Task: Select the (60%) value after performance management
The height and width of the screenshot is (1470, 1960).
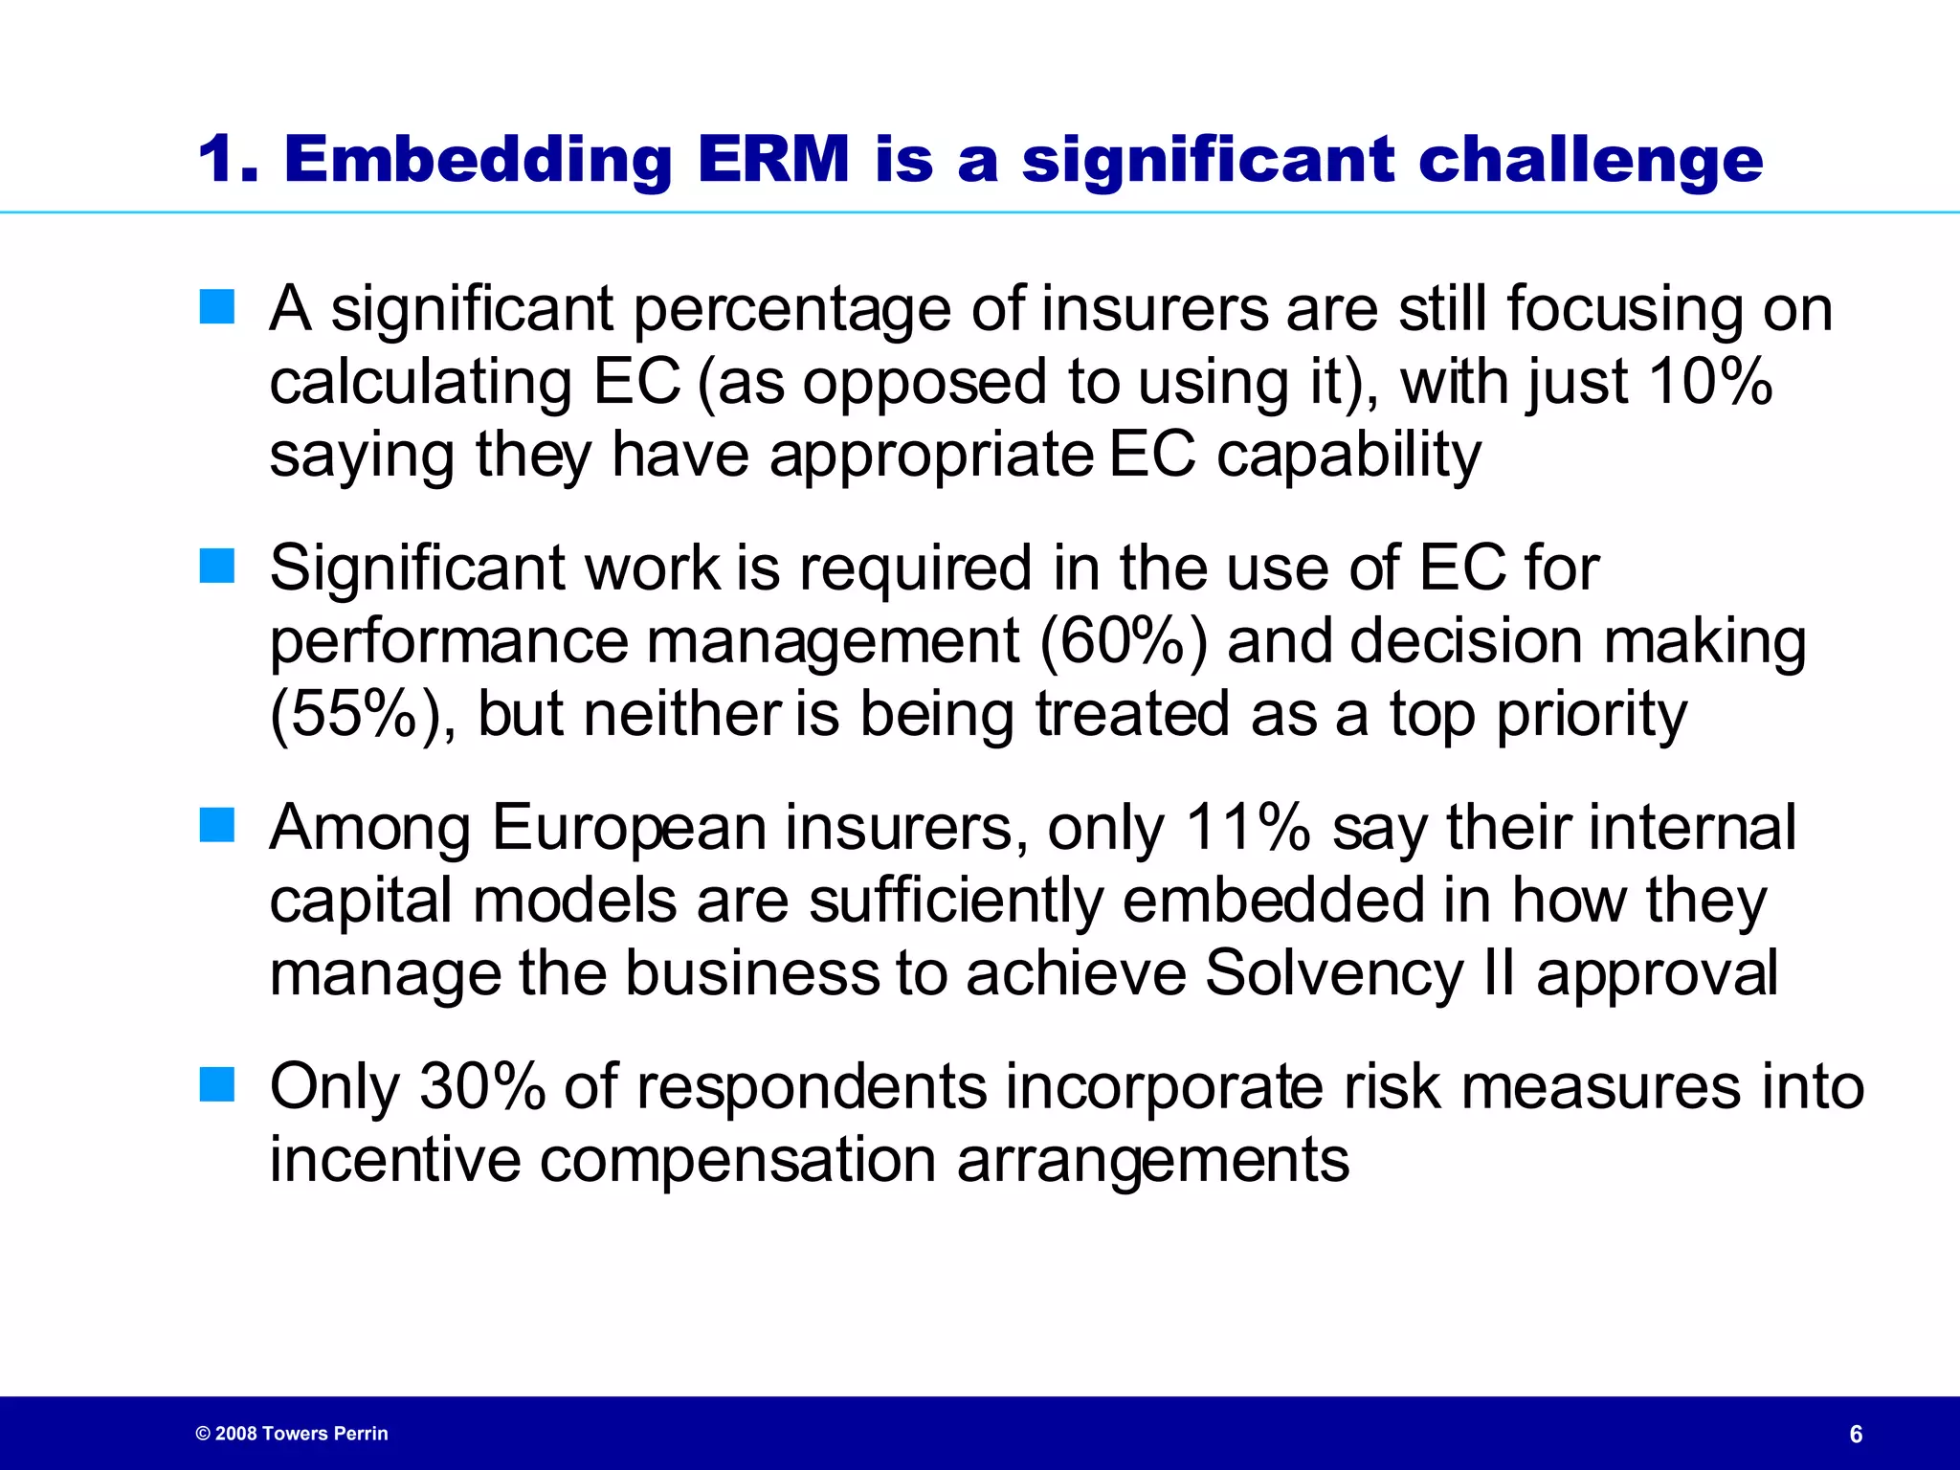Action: (x=1123, y=640)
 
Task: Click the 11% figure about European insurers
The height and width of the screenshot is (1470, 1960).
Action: (x=1247, y=827)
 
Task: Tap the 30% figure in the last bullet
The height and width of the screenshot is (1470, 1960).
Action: (x=482, y=1086)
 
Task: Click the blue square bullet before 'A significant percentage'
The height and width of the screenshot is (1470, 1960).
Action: (x=217, y=308)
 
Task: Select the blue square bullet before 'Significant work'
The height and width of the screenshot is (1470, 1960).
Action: (x=217, y=567)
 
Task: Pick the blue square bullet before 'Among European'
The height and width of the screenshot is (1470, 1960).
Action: (x=217, y=826)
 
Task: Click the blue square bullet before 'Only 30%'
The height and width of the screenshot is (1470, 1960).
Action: (x=217, y=1085)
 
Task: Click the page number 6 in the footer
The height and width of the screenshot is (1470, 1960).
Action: (x=1856, y=1434)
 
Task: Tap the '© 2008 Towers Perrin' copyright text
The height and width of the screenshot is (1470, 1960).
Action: (x=292, y=1434)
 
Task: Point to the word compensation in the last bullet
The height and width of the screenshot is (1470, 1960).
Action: (x=737, y=1161)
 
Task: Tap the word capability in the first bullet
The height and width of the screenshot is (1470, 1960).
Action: (x=1348, y=455)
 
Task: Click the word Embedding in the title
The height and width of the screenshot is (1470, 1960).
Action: (x=479, y=160)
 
